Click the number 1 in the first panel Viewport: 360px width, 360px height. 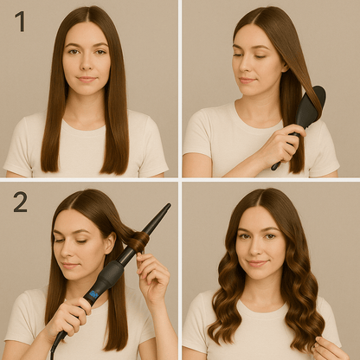(21, 22)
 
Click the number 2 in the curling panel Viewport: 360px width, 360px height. (20, 202)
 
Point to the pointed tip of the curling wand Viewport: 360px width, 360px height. (169, 205)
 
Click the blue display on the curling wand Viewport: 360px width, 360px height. (94, 294)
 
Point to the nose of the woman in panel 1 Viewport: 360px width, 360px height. (86, 64)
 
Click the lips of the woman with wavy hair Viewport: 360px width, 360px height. (256, 263)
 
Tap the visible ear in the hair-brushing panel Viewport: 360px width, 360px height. (285, 66)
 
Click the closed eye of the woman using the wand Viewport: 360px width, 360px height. (81, 241)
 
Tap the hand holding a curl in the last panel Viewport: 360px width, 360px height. (330, 349)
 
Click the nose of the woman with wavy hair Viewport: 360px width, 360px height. (255, 250)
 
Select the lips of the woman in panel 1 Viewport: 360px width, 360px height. (87, 79)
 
